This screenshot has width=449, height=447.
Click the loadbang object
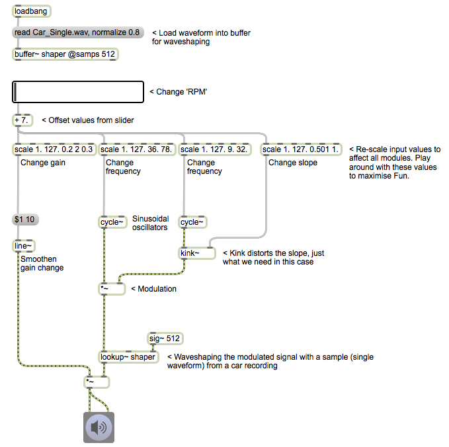point(31,11)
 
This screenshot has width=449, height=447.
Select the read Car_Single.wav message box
point(78,32)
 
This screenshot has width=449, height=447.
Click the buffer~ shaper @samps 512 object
point(65,54)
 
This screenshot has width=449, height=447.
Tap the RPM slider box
point(78,92)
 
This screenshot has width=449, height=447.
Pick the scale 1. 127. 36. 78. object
point(138,149)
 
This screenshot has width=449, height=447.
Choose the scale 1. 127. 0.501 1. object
point(301,149)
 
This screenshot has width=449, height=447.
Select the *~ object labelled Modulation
point(112,288)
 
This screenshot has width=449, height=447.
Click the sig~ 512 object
point(165,339)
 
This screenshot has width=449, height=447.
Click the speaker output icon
point(99,427)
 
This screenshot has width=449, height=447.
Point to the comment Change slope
point(293,163)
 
